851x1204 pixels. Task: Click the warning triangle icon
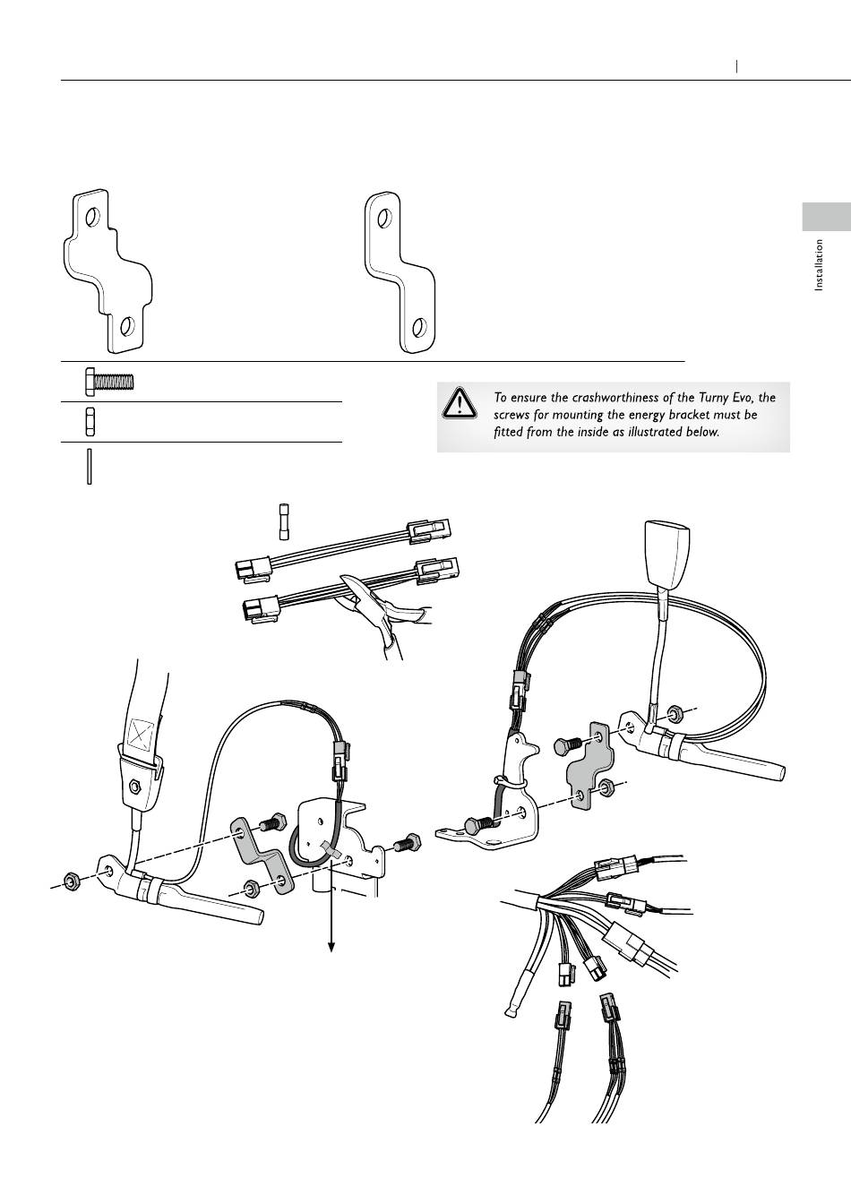click(460, 403)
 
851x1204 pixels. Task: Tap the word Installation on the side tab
click(819, 265)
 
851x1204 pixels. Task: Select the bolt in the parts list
click(109, 382)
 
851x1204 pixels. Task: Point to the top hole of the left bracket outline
click(92, 217)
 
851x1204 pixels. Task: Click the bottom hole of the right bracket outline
click(419, 327)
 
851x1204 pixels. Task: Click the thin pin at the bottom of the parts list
click(90, 467)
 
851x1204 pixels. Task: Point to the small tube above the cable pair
click(284, 521)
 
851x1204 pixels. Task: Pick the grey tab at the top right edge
click(826, 217)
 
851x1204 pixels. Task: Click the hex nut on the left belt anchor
click(134, 788)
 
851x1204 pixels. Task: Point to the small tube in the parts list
click(90, 422)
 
